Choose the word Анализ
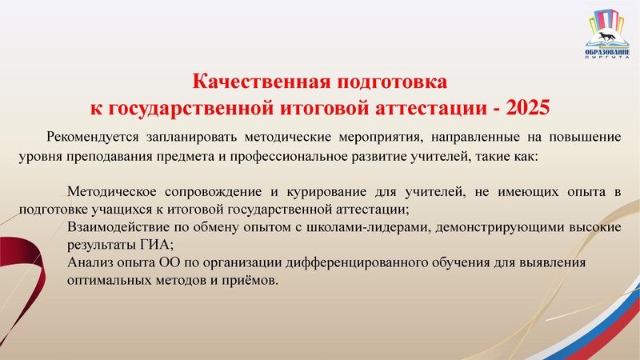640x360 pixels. point(88,263)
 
